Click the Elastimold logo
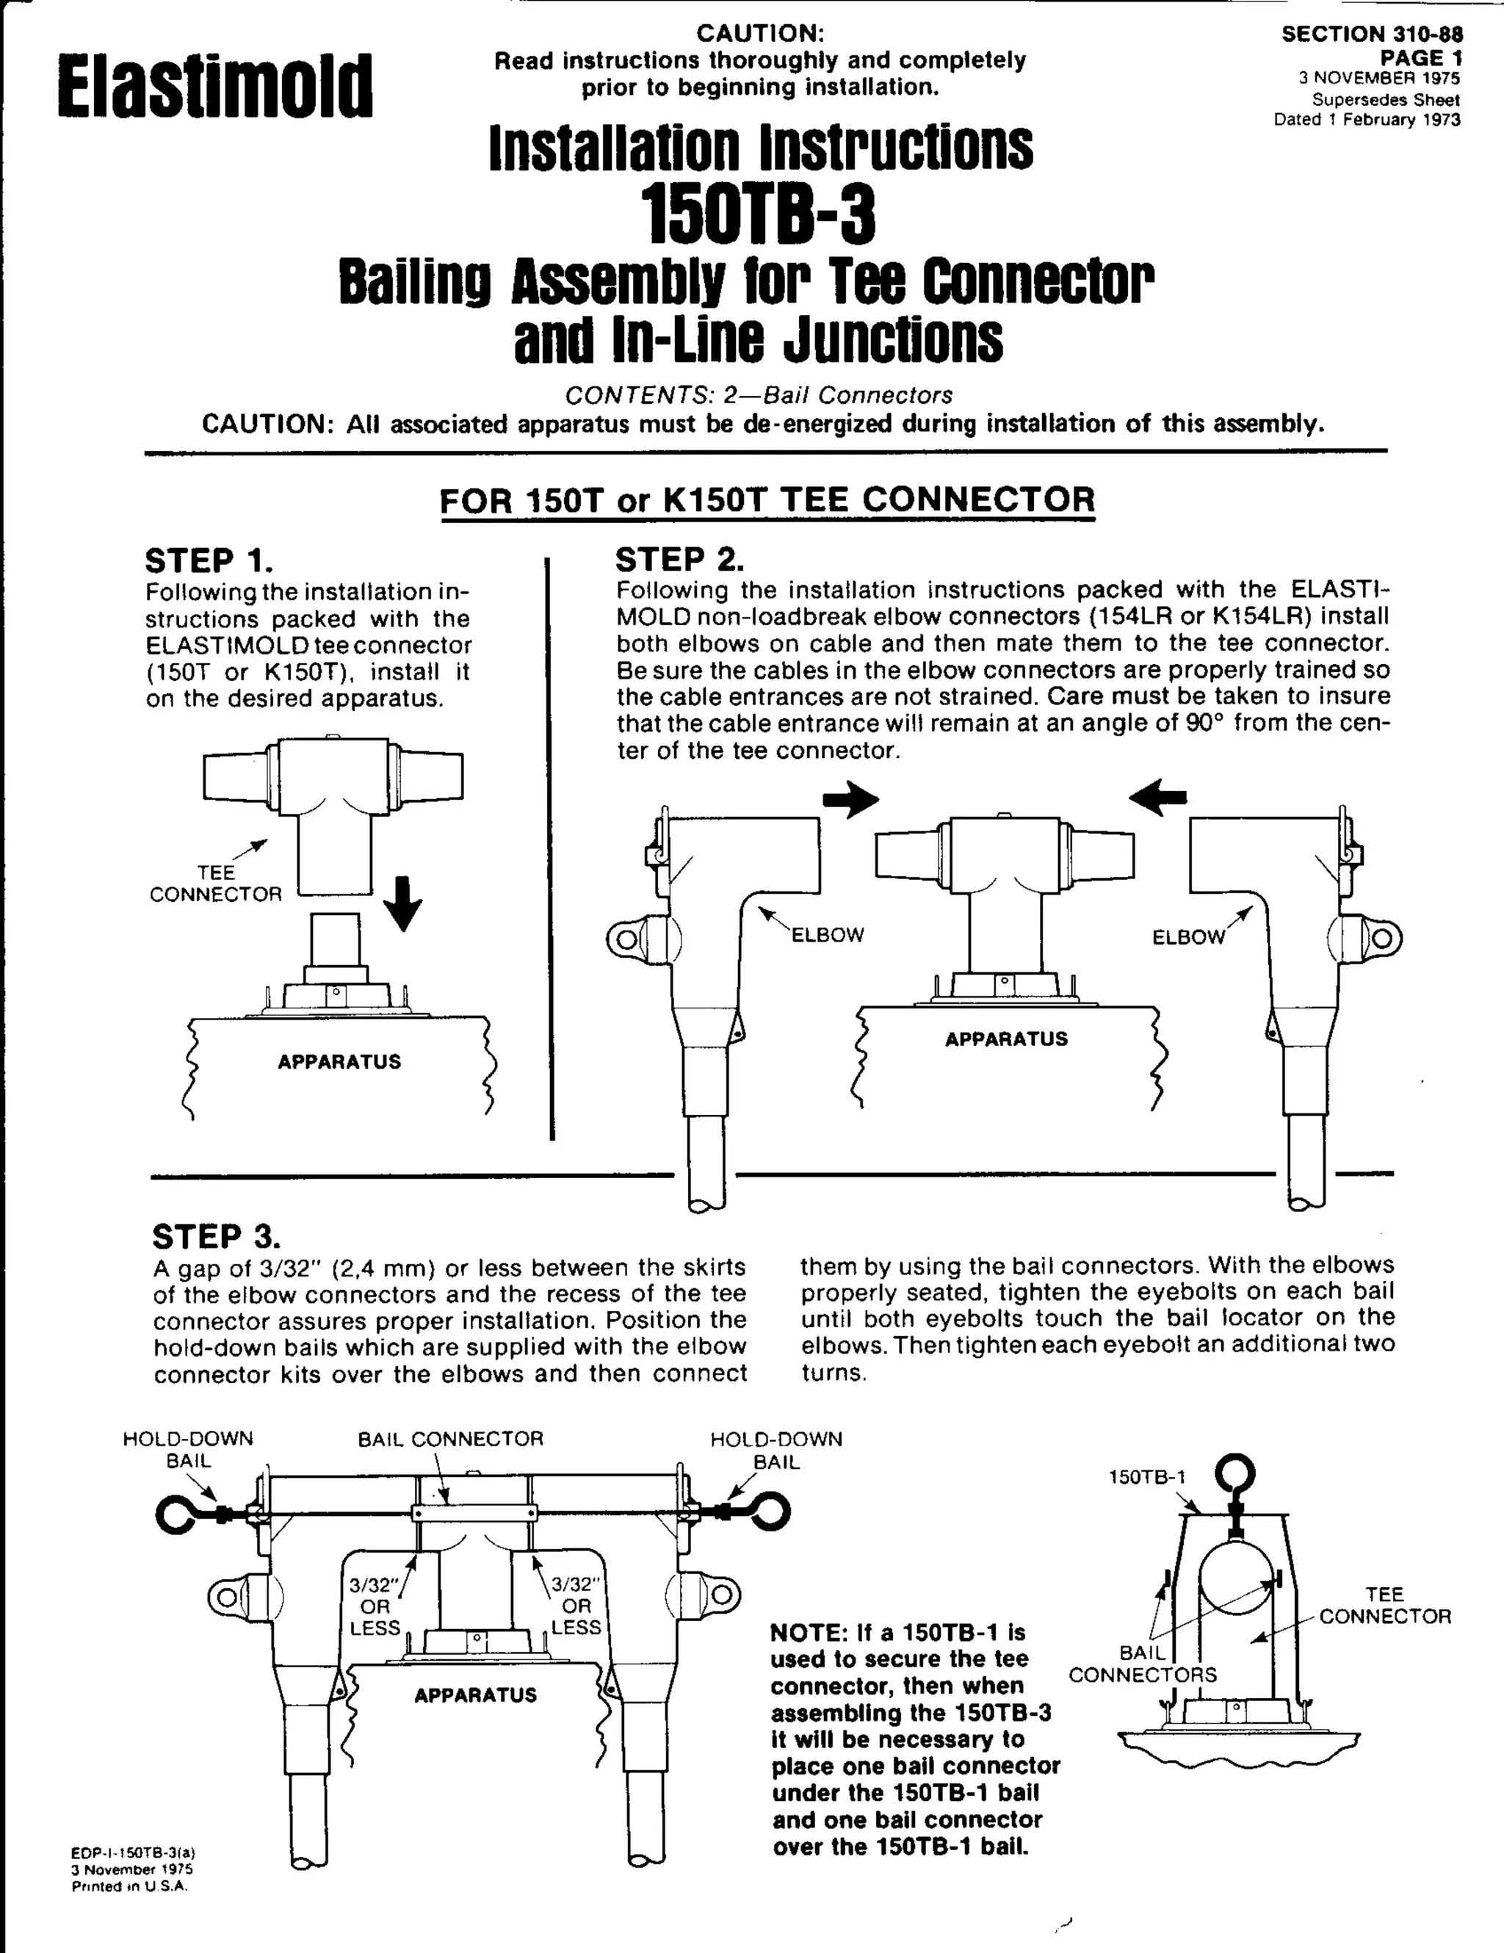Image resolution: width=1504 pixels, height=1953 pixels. pos(214,87)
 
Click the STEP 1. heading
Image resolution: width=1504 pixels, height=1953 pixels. pos(209,560)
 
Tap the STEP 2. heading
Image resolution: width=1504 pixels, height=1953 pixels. pos(679,559)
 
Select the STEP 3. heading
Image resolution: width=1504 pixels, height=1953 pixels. pos(217,1236)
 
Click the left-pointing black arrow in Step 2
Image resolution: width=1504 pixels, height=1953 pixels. pos(1158,796)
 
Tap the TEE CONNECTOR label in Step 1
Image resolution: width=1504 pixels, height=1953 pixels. pos(215,884)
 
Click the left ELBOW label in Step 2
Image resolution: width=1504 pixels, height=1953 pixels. pos(828,935)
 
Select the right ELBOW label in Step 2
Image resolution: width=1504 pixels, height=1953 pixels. pos(1188,937)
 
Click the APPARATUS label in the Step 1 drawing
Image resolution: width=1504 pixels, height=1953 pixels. pos(339,1061)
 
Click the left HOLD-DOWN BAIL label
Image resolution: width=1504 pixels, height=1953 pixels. pos(188,1450)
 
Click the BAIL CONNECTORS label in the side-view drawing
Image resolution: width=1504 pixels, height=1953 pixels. pos(1143,1664)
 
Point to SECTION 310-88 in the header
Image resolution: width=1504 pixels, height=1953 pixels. pos(1372,34)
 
